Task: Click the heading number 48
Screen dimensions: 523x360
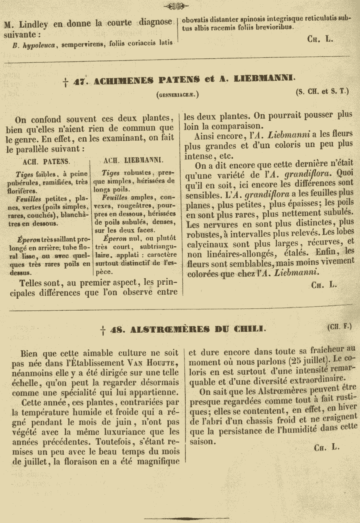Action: pos(116,329)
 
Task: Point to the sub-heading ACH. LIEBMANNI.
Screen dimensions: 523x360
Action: pos(133,160)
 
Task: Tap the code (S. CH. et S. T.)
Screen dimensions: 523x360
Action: pos(322,92)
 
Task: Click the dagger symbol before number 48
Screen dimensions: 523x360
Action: pos(103,329)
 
